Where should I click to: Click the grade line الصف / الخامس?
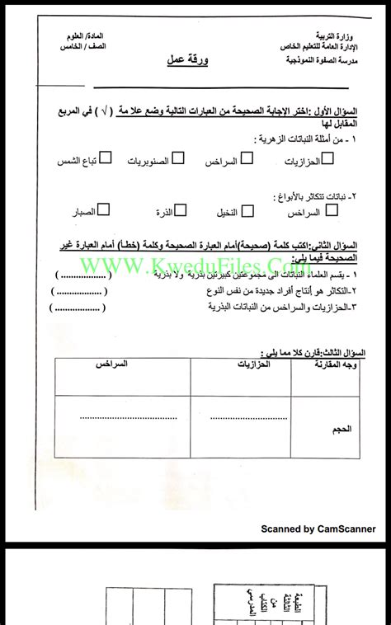(x=85, y=50)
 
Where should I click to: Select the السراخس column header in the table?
(x=111, y=364)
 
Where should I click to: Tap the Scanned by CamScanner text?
(x=318, y=529)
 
